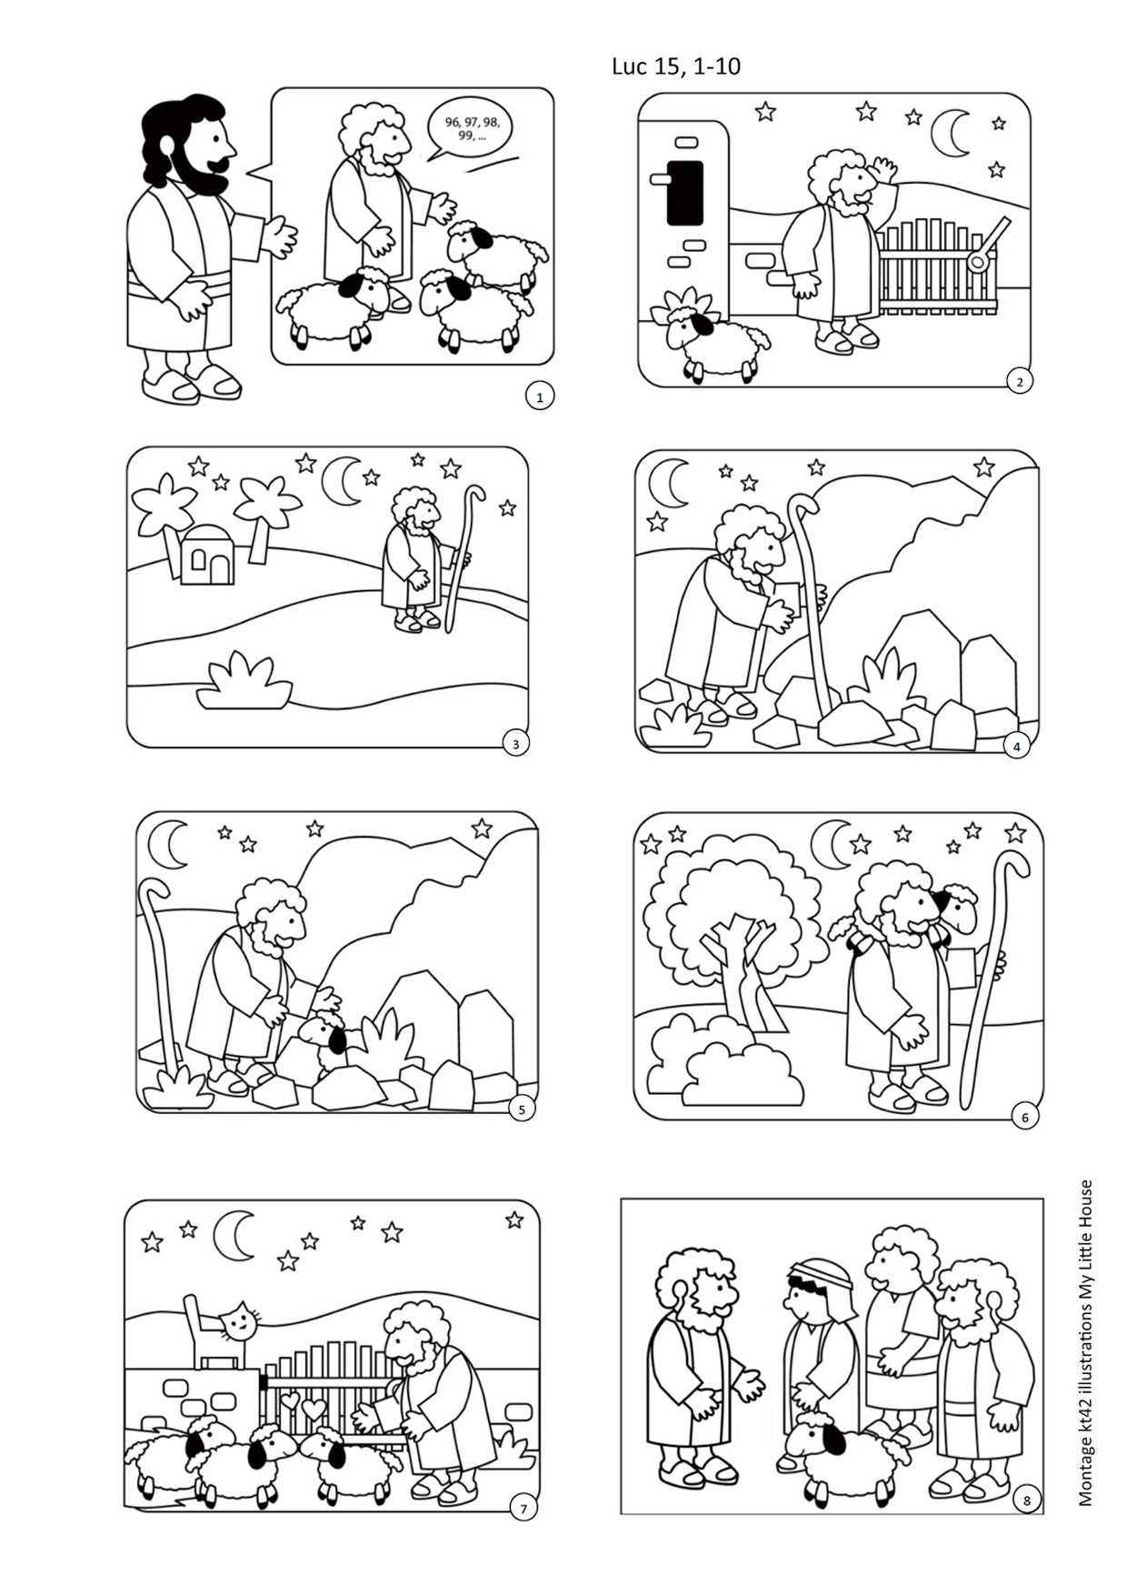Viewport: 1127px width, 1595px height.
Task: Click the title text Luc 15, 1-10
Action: (675, 66)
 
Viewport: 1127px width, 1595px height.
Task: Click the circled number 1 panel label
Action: (540, 396)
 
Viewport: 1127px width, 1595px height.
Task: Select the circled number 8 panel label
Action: (1027, 1500)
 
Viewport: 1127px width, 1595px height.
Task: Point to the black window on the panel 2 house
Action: (684, 192)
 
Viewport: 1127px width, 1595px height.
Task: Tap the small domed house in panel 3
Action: (206, 557)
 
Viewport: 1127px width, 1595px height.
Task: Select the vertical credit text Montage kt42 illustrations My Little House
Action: (1085, 1342)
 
